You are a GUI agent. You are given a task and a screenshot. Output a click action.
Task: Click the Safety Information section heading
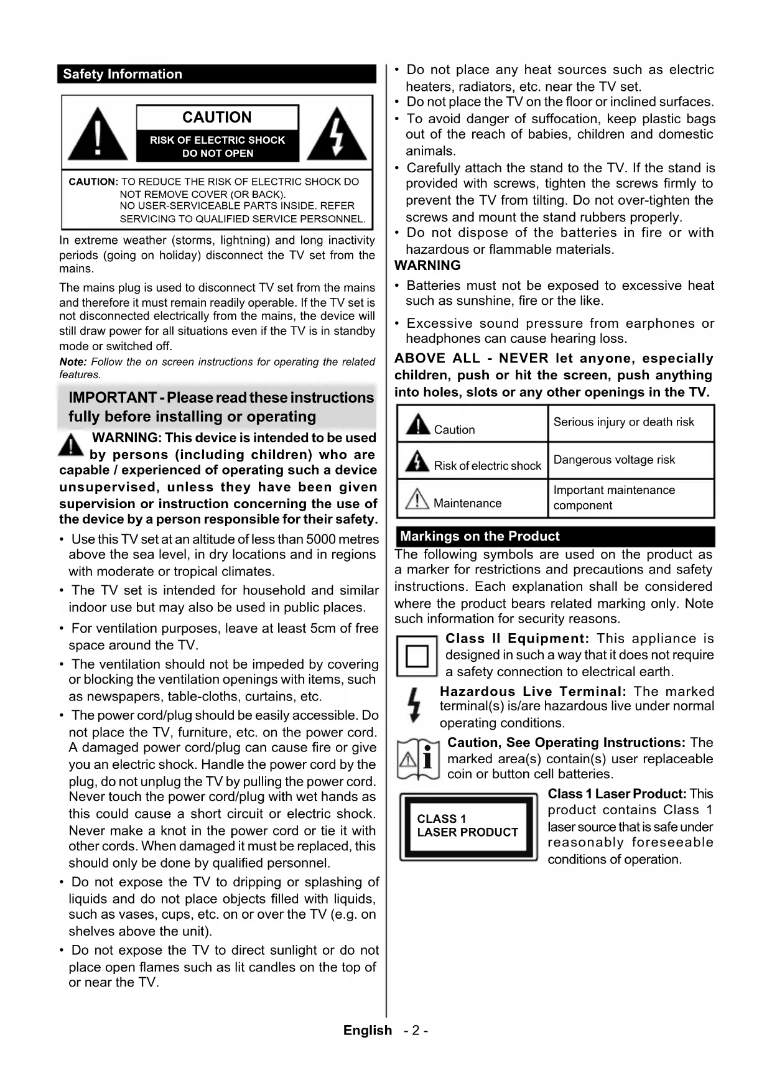click(x=123, y=74)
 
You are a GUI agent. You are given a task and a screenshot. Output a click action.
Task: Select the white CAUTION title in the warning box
click(x=217, y=118)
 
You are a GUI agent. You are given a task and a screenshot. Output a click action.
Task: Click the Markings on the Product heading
click(x=480, y=536)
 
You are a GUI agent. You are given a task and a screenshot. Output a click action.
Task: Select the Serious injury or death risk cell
click(x=624, y=422)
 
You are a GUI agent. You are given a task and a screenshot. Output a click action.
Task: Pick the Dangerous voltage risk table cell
click(x=614, y=460)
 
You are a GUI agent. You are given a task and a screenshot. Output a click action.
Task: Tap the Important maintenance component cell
click(x=614, y=498)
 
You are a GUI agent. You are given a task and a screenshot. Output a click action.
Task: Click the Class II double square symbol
click(x=417, y=656)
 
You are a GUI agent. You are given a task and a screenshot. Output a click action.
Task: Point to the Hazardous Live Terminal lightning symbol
click(x=414, y=705)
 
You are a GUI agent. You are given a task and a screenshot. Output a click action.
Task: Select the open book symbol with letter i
click(x=418, y=759)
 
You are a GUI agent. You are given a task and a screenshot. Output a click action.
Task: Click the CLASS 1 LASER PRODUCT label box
click(x=468, y=826)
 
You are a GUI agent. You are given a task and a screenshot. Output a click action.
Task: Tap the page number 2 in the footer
click(x=416, y=1031)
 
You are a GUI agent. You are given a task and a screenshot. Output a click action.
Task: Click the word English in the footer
click(x=368, y=1031)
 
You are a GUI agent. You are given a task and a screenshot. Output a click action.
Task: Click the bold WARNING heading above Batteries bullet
click(x=428, y=266)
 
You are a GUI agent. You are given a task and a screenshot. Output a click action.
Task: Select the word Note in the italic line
click(x=72, y=362)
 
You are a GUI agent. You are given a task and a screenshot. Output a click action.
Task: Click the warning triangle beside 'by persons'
click(x=72, y=445)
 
